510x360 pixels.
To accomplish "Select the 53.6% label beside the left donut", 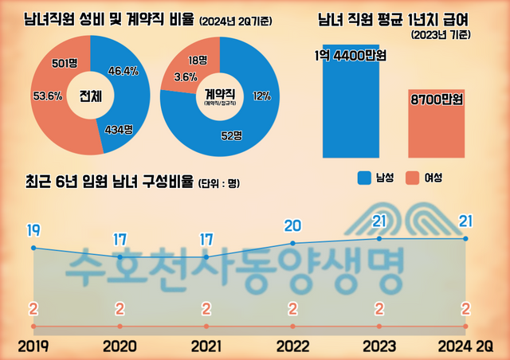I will click(x=47, y=97).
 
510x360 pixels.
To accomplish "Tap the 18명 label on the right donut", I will click(x=196, y=61).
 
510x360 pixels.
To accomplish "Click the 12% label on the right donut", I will click(x=261, y=96).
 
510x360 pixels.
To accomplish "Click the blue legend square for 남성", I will click(x=366, y=177).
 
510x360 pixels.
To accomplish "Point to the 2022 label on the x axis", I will click(x=293, y=346).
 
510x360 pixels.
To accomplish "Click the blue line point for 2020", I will click(x=120, y=257).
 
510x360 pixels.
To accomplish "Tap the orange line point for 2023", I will click(x=379, y=327).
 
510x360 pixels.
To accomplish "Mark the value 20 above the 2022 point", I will click(x=293, y=225).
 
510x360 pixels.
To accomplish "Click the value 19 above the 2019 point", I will click(x=33, y=230).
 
